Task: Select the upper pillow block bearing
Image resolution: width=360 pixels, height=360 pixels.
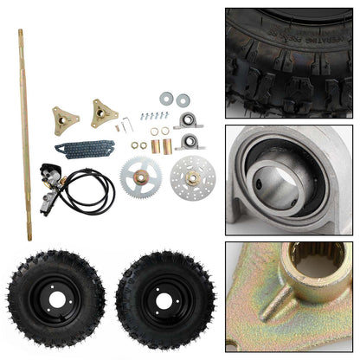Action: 189,119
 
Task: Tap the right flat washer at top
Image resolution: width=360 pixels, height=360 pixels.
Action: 183,100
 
